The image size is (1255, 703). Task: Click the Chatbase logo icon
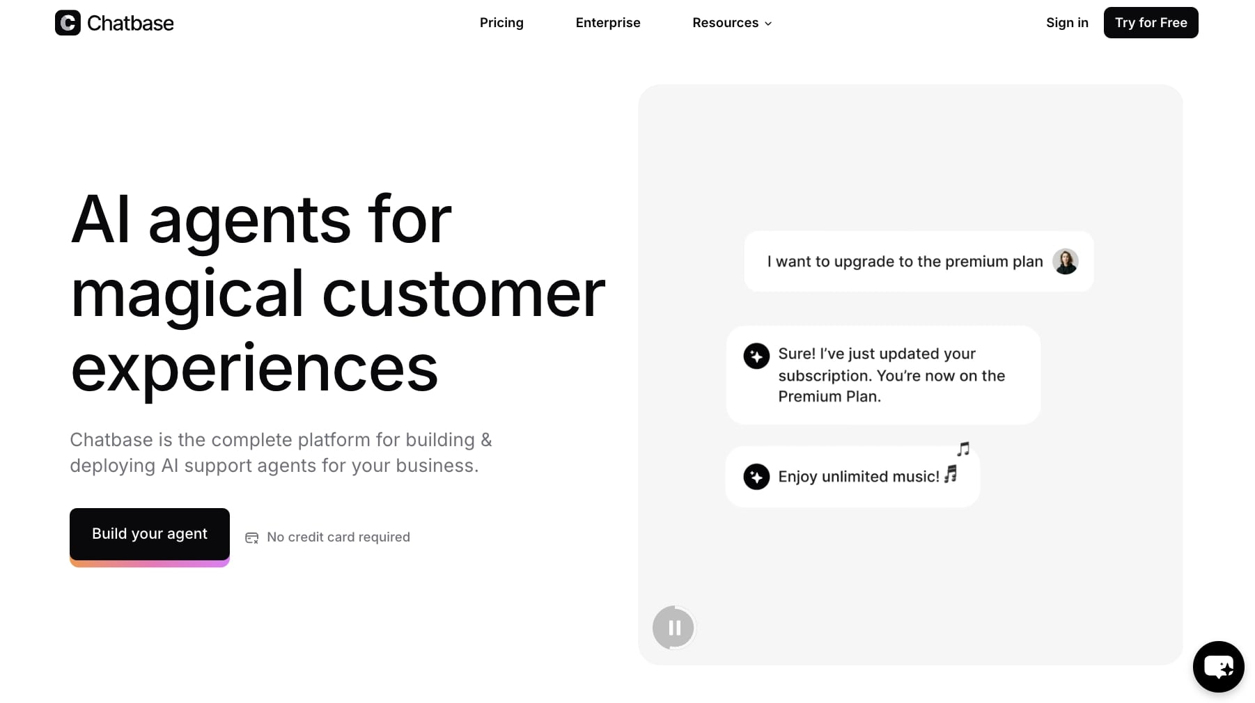click(68, 23)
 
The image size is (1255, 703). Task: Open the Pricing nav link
click(501, 23)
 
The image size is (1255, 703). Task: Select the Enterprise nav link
click(608, 23)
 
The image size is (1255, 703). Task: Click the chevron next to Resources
click(768, 24)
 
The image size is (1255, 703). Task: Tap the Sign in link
click(1067, 23)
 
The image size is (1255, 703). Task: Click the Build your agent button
click(150, 534)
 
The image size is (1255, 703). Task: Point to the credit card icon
click(252, 537)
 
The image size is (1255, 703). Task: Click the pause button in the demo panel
click(673, 628)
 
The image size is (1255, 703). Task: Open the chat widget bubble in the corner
click(1218, 667)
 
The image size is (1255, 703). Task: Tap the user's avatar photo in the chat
click(1065, 262)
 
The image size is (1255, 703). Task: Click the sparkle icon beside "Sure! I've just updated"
click(756, 356)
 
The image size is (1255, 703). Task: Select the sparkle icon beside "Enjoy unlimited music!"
click(756, 477)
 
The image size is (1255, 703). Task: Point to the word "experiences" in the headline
click(254, 369)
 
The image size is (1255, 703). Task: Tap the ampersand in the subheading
click(486, 440)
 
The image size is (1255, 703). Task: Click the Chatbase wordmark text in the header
click(130, 24)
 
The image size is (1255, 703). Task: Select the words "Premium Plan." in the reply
click(829, 397)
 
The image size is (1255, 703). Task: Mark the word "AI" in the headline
click(100, 220)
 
